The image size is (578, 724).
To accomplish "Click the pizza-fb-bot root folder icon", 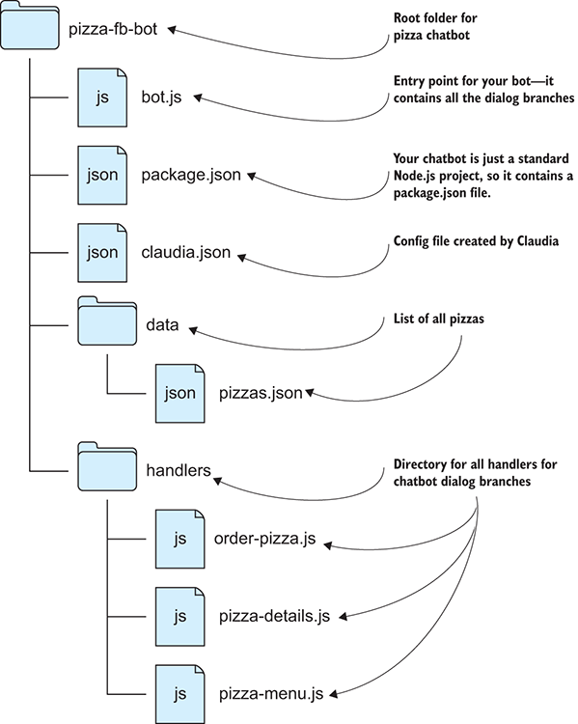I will coord(28,29).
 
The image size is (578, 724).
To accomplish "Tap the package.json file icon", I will coord(102,176).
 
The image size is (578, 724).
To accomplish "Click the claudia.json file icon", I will coord(102,253).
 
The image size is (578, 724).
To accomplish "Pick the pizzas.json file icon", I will coord(179,393).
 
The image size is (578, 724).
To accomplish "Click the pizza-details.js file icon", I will coord(179,615).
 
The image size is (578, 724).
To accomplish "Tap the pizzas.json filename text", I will coord(261,393).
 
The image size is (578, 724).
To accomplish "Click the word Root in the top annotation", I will coord(408,18).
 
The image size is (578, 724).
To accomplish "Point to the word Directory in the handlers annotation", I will coord(421,463).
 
